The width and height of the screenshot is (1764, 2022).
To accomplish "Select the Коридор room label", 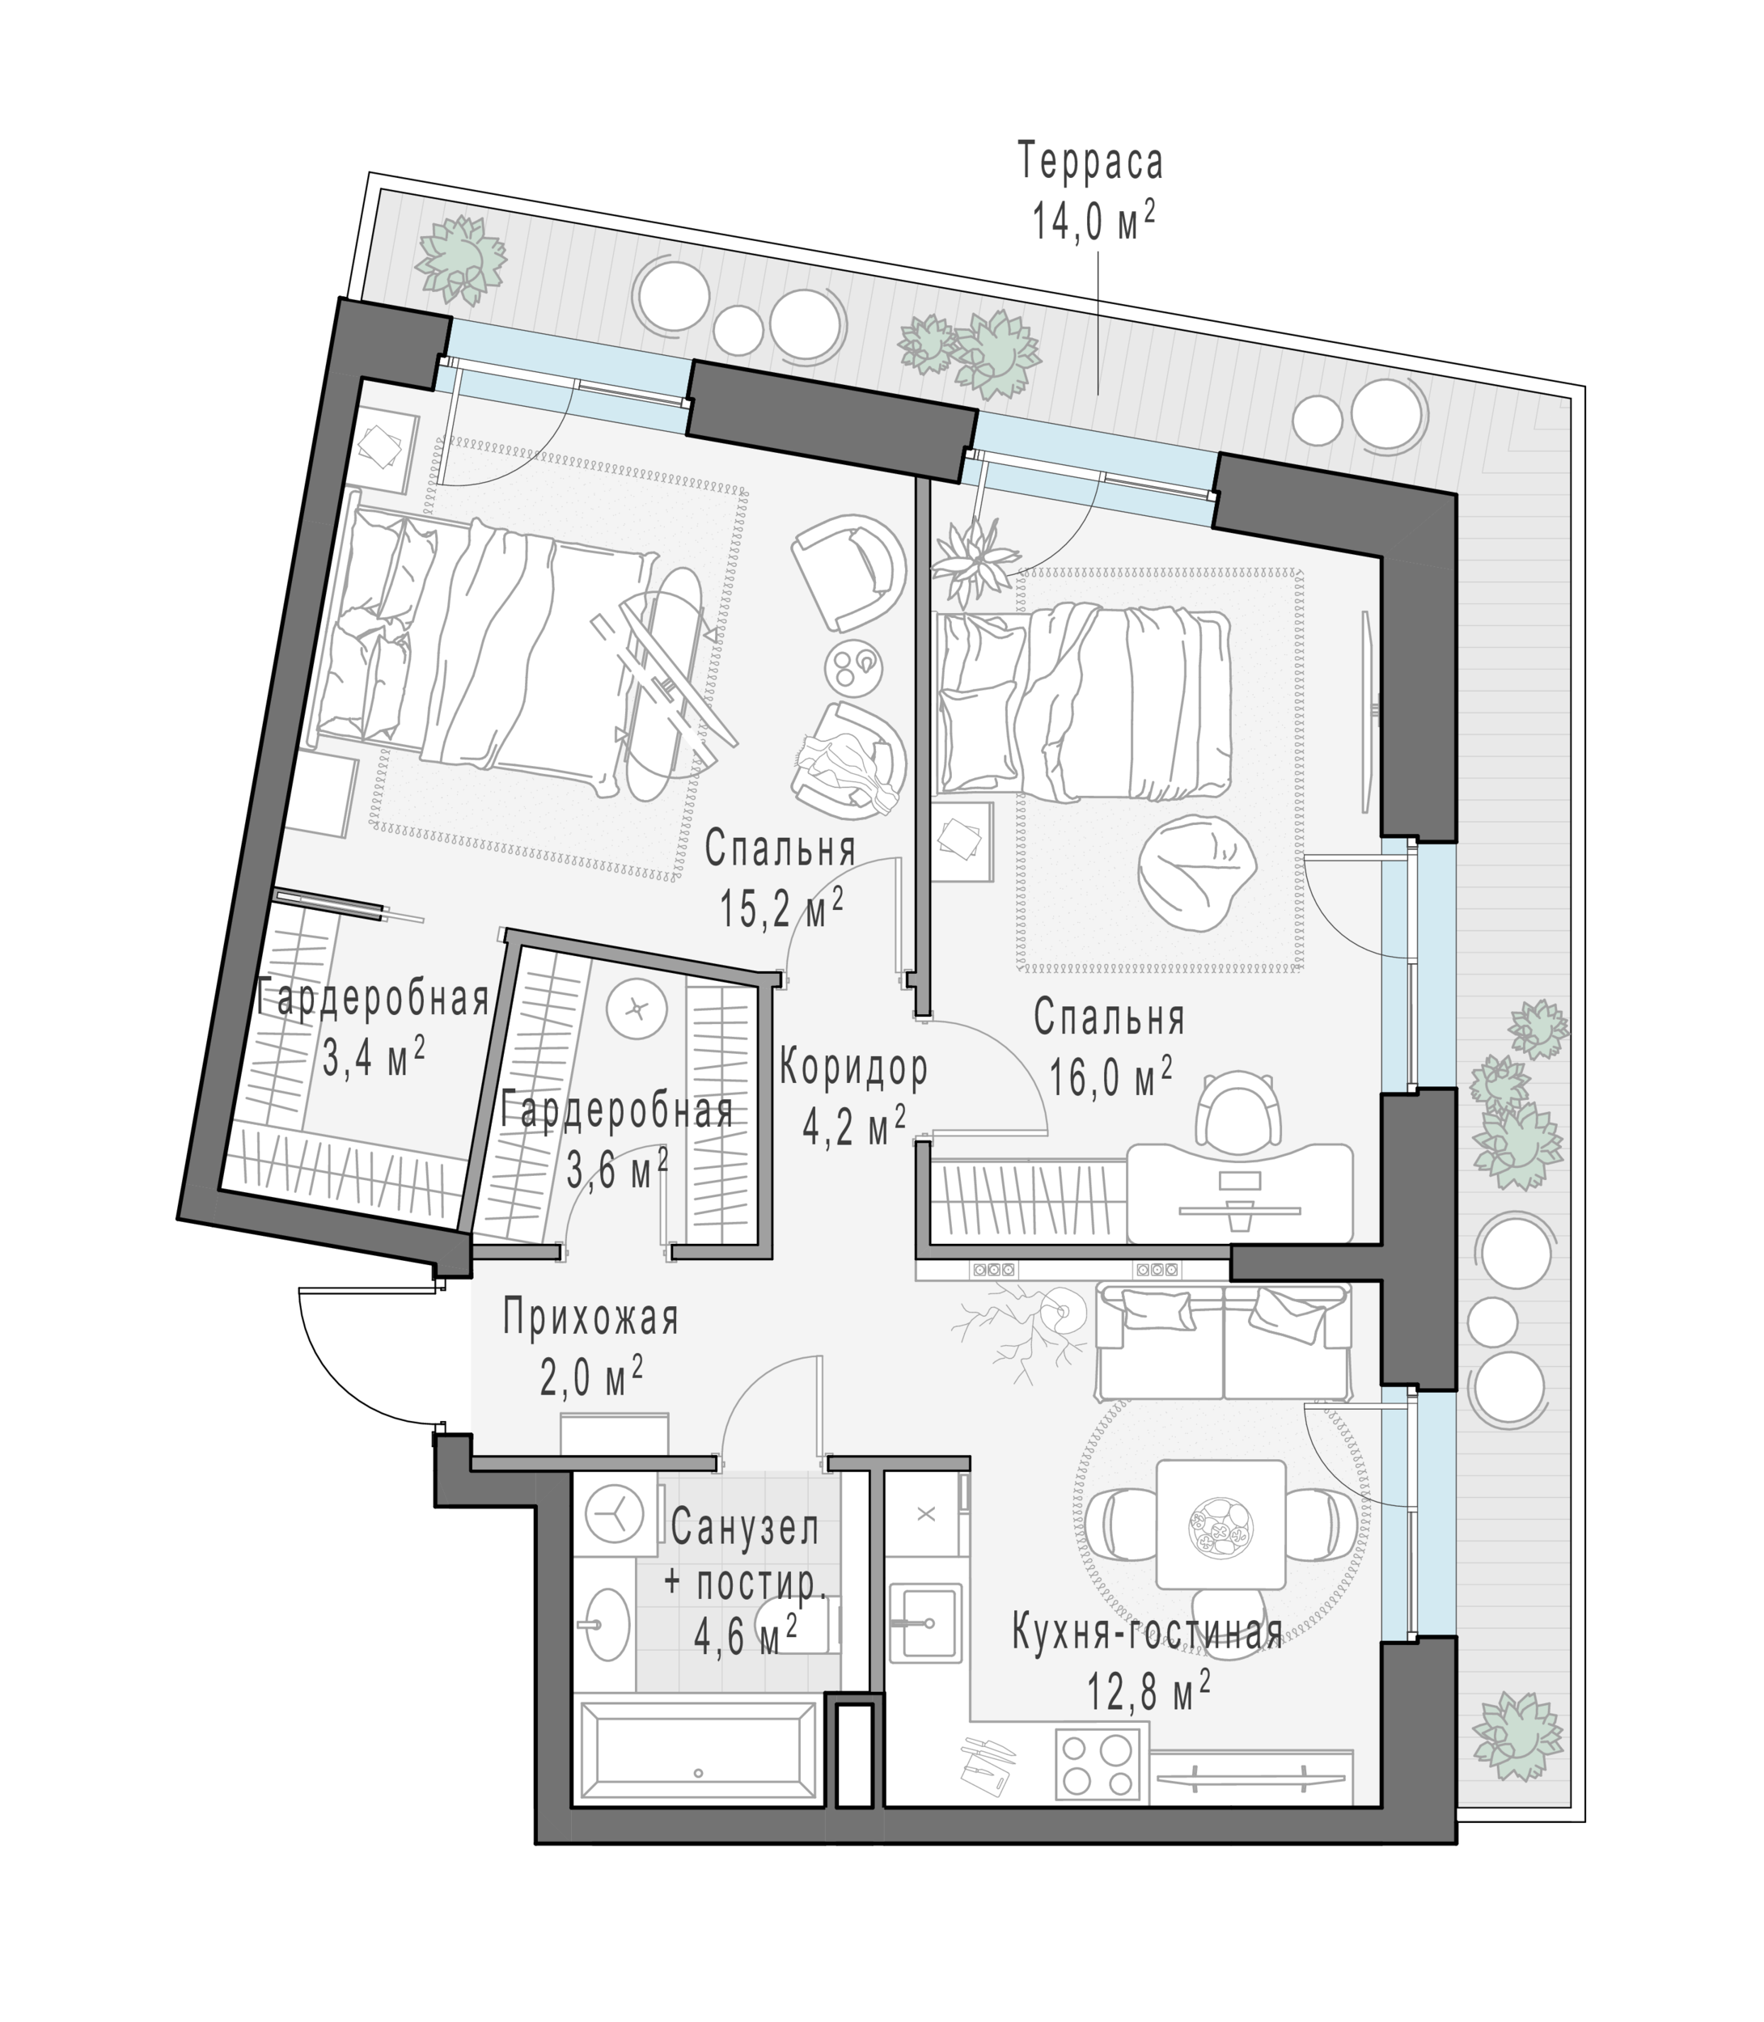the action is [853, 1068].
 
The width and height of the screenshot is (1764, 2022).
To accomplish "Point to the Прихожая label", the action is [590, 1318].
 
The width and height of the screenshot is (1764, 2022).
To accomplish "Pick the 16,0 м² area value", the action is [1110, 1078].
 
